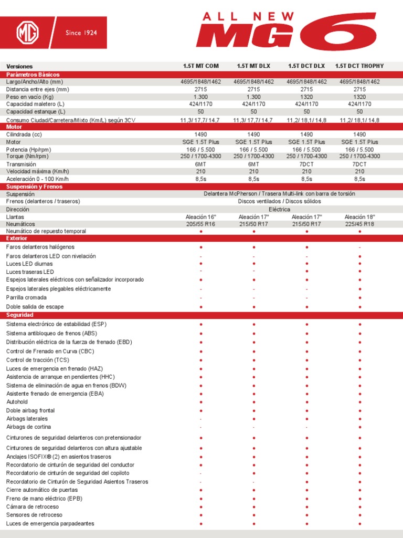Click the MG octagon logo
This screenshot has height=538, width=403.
[28, 33]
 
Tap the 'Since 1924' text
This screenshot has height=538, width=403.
[81, 33]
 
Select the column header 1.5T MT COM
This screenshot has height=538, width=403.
[201, 66]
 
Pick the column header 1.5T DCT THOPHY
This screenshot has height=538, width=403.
[359, 66]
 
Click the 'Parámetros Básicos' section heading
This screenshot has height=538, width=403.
[33, 75]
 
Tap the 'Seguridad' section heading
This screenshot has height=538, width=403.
[20, 315]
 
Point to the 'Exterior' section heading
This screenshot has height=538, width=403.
[16, 238]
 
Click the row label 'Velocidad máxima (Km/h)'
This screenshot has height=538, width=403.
[37, 171]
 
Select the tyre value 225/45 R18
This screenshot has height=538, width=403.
[359, 224]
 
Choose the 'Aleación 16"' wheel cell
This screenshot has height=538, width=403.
[201, 216]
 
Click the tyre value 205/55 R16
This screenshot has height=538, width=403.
[201, 224]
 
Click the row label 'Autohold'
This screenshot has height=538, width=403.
[18, 402]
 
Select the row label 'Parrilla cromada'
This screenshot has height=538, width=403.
[26, 297]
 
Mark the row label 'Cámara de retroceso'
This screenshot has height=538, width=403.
[33, 506]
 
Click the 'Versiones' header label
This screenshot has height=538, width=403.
[19, 67]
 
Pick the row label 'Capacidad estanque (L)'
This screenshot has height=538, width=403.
[36, 112]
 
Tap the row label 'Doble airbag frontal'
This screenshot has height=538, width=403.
[30, 410]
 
